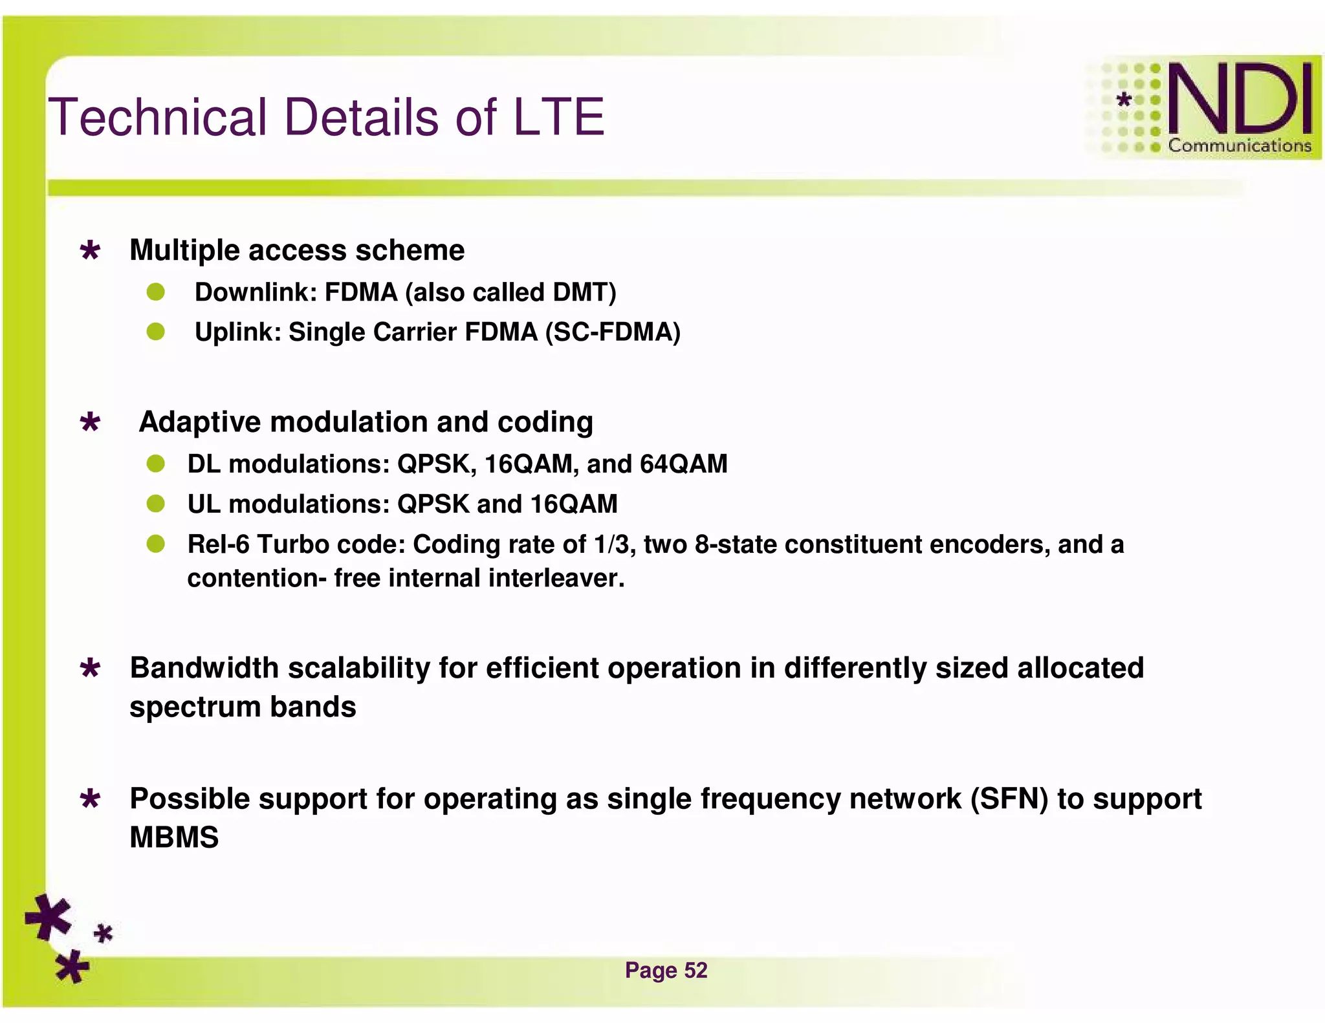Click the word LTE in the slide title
pyautogui.click(x=558, y=118)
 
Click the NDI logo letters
pyautogui.click(x=1239, y=99)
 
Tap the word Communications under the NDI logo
pyautogui.click(x=1239, y=146)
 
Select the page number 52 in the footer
pyautogui.click(x=695, y=970)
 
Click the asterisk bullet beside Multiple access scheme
pyautogui.click(x=91, y=250)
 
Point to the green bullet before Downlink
pyautogui.click(x=155, y=292)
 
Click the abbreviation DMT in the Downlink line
pyautogui.click(x=580, y=292)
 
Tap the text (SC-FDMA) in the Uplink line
pyautogui.click(x=613, y=332)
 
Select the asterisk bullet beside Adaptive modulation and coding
pyautogui.click(x=91, y=422)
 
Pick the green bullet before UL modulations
pyautogui.click(x=155, y=504)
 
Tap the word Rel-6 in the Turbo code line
pyautogui.click(x=218, y=544)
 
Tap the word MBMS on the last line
pyautogui.click(x=174, y=838)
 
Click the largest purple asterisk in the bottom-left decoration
pyautogui.click(x=48, y=916)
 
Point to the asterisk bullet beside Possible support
pyautogui.click(x=91, y=799)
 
